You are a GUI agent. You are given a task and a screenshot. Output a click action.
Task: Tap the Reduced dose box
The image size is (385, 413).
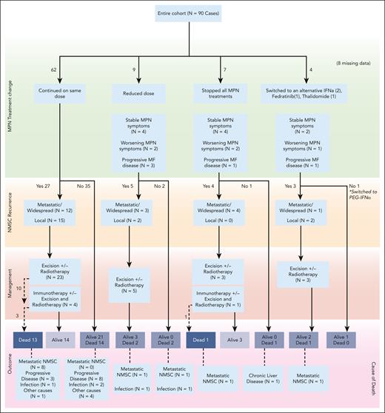tap(141, 94)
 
